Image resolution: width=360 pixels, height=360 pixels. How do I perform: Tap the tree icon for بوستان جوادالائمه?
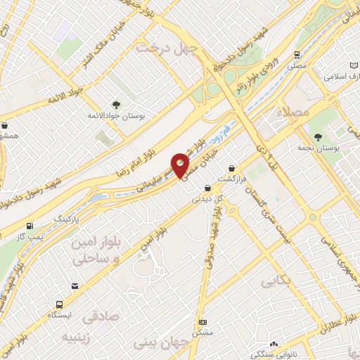115,105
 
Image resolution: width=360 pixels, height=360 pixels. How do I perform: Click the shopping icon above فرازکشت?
233,169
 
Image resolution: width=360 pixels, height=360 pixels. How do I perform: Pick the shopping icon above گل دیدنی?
207,188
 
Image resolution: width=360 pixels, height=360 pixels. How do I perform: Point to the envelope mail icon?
75,285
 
